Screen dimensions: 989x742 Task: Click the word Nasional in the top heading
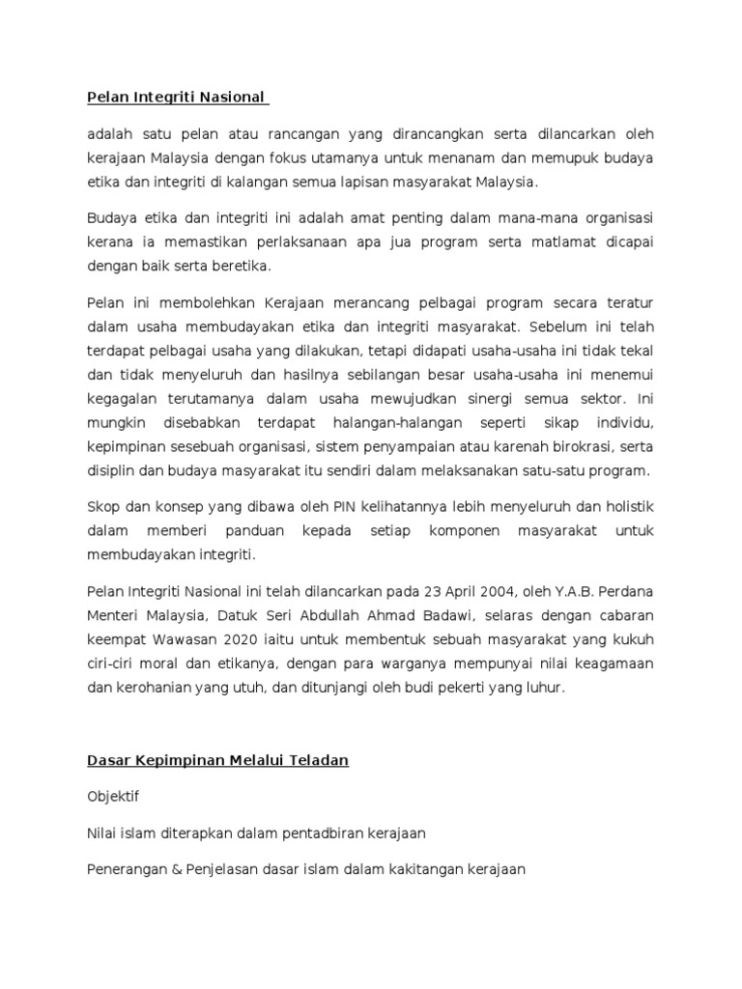[230, 98]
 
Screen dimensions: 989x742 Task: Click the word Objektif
[114, 799]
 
